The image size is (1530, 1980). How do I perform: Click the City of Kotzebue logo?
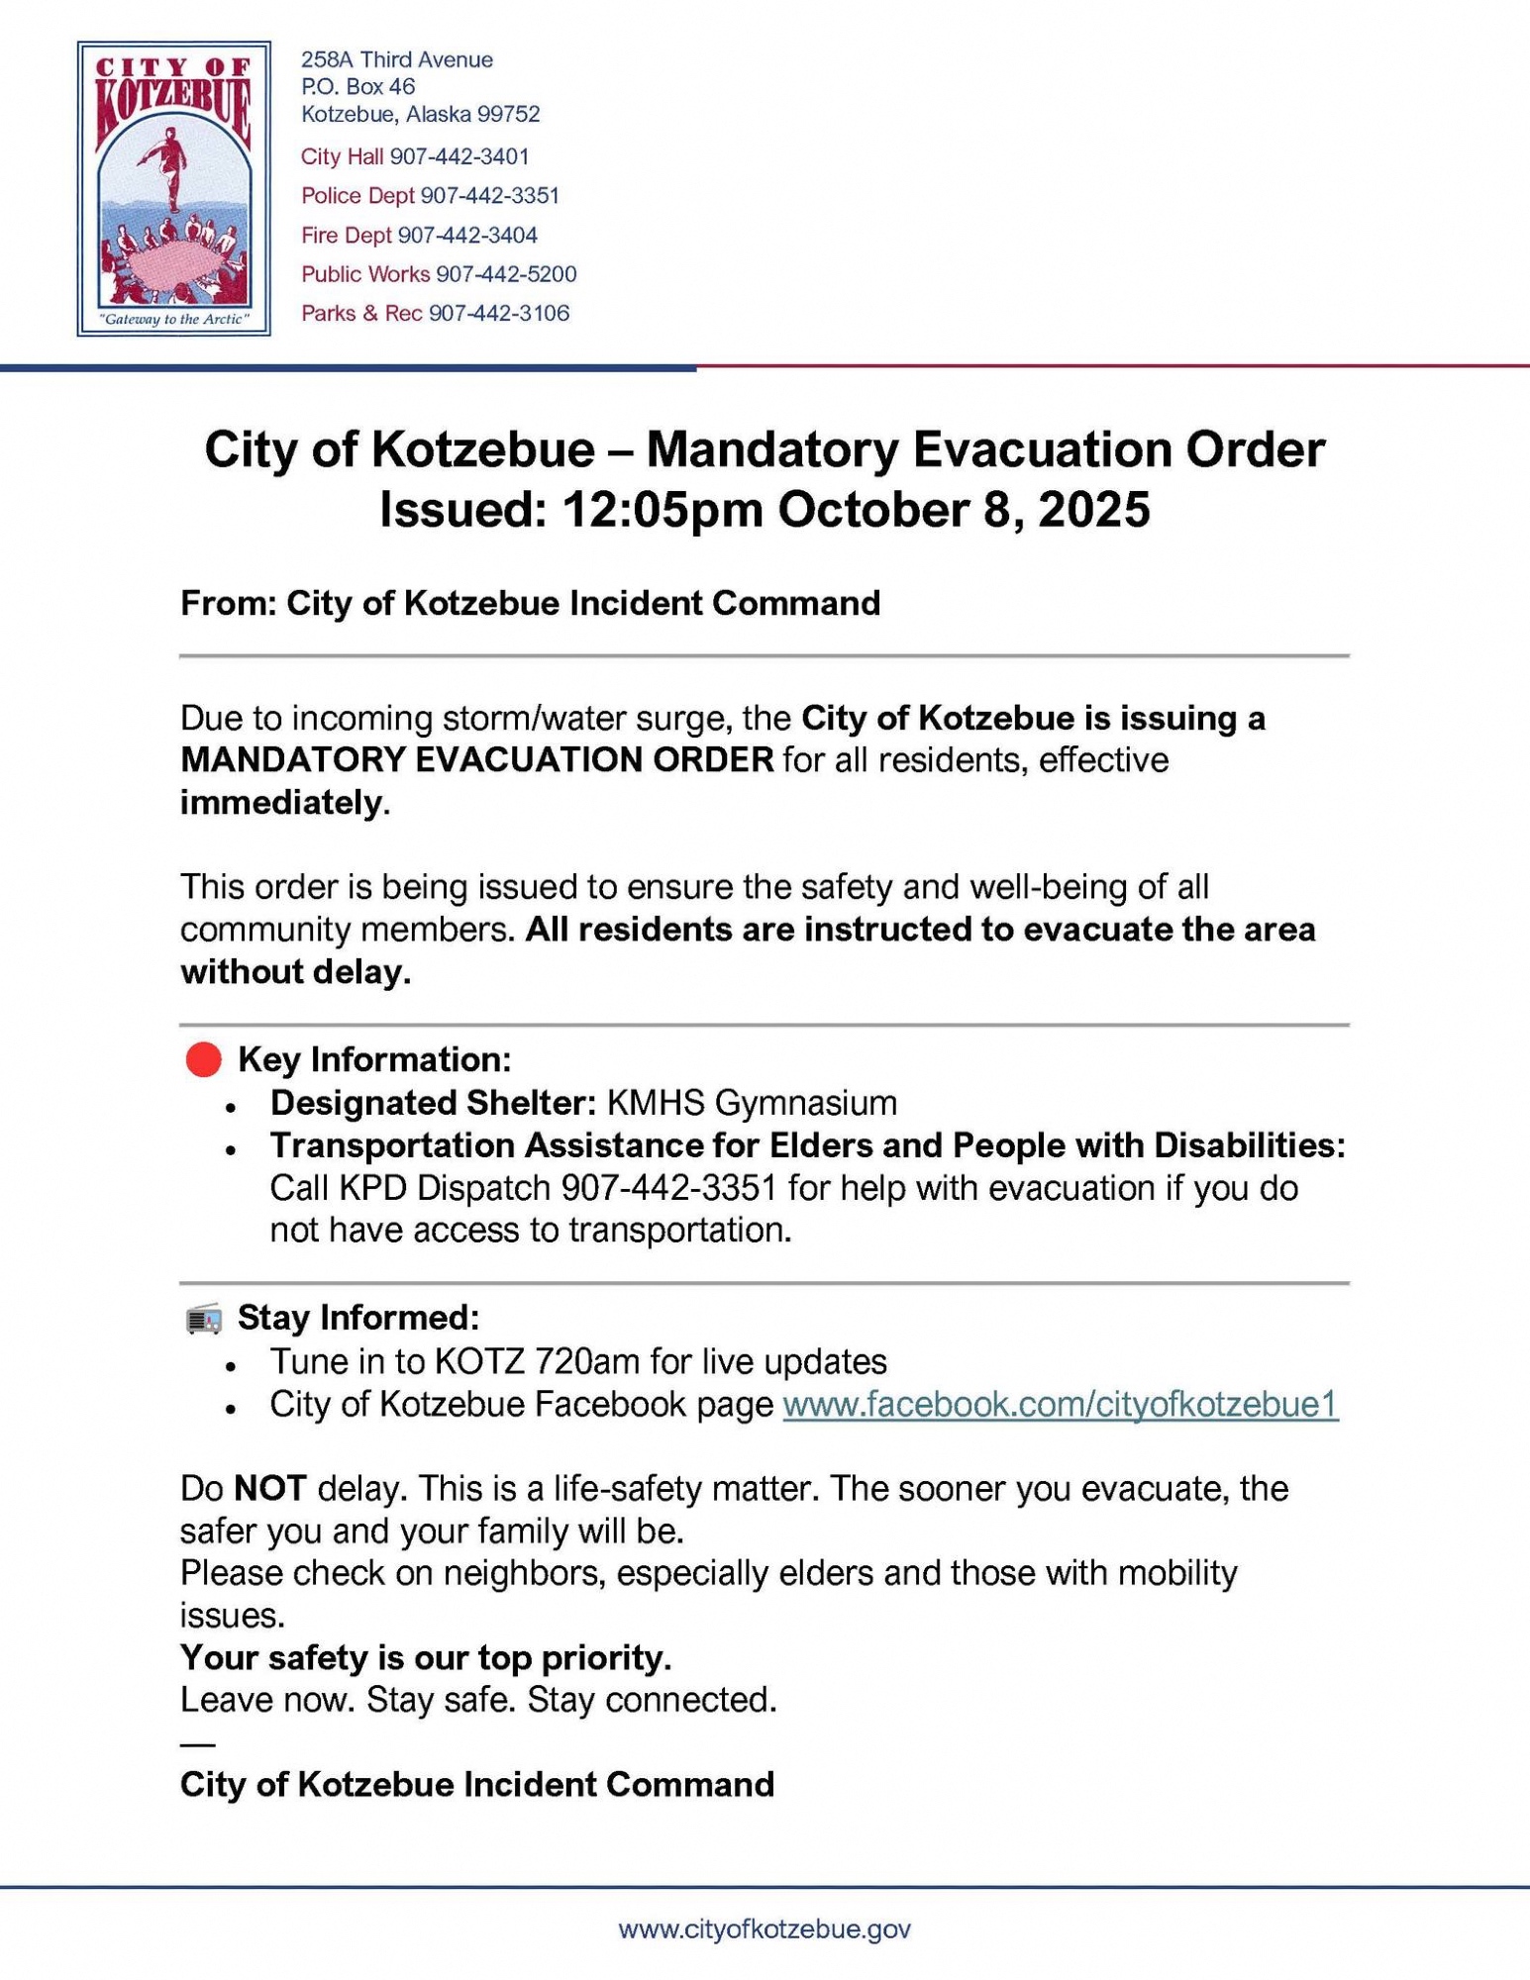(174, 188)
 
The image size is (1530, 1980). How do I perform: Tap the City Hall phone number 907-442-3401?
(459, 156)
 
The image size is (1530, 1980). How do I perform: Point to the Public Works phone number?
(506, 274)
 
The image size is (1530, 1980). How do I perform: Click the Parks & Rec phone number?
(499, 314)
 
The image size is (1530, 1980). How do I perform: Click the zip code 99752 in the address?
(508, 115)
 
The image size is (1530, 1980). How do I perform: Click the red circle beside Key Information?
(204, 1060)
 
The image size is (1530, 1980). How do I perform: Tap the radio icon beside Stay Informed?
(204, 1320)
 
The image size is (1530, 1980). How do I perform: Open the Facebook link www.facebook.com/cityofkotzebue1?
(1060, 1405)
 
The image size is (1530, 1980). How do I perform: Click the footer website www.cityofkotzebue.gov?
(765, 1929)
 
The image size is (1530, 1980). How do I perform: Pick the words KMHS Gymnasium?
(752, 1103)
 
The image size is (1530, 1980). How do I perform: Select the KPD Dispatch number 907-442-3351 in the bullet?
(668, 1188)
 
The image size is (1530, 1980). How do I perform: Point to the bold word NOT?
(270, 1489)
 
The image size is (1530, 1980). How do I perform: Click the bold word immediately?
(280, 803)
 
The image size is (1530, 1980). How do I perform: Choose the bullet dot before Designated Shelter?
(231, 1106)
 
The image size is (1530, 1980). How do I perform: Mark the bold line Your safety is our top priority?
(426, 1657)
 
